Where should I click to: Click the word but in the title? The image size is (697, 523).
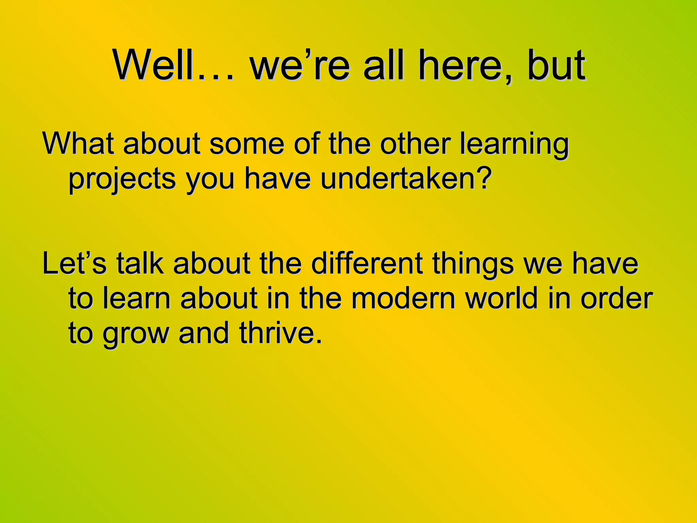[x=557, y=65]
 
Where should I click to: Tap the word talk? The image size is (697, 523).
[x=140, y=264]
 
